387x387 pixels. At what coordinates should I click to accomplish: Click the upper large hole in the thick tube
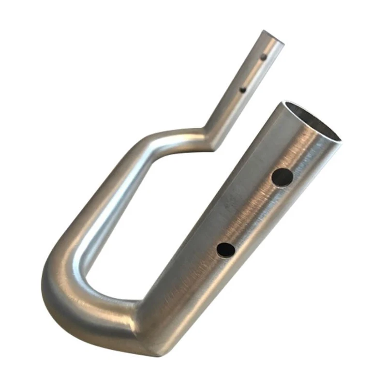282,177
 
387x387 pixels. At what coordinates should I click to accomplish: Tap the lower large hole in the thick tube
225,249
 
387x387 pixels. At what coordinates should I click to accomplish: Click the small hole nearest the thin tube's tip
263,58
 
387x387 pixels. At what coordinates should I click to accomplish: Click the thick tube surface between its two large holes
254,213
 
